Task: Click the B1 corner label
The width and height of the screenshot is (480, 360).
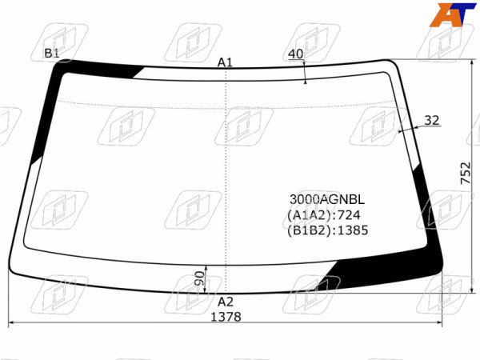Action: pyautogui.click(x=52, y=53)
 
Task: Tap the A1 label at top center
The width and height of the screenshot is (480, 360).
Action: pyautogui.click(x=225, y=62)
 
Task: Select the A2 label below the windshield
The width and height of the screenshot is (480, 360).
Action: pyautogui.click(x=226, y=302)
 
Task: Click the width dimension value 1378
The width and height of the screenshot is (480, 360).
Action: pyautogui.click(x=226, y=317)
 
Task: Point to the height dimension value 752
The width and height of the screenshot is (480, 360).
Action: pyautogui.click(x=466, y=173)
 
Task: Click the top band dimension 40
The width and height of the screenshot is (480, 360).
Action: pyautogui.click(x=296, y=54)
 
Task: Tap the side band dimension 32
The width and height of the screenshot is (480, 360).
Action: pyautogui.click(x=432, y=120)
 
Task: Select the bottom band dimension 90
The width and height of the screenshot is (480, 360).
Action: pyautogui.click(x=199, y=278)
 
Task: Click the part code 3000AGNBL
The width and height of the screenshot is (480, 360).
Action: pyautogui.click(x=327, y=199)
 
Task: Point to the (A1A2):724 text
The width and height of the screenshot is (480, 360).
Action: pyautogui.click(x=323, y=215)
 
